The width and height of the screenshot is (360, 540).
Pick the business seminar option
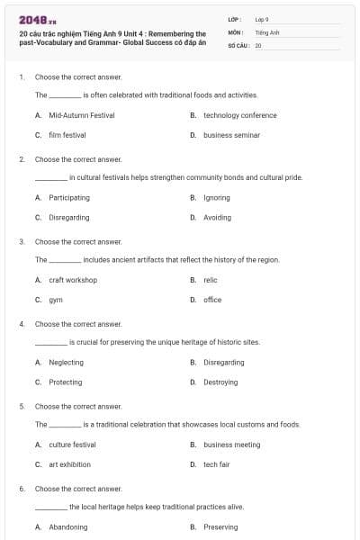click(231, 135)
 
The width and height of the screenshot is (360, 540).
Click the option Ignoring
click(217, 197)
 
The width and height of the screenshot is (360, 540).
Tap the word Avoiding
click(217, 217)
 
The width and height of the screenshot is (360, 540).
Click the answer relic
click(211, 280)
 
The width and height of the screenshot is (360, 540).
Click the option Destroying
click(220, 382)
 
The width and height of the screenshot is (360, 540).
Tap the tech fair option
click(217, 464)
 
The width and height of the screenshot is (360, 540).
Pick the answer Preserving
click(220, 527)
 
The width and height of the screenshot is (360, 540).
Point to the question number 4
click(22, 324)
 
